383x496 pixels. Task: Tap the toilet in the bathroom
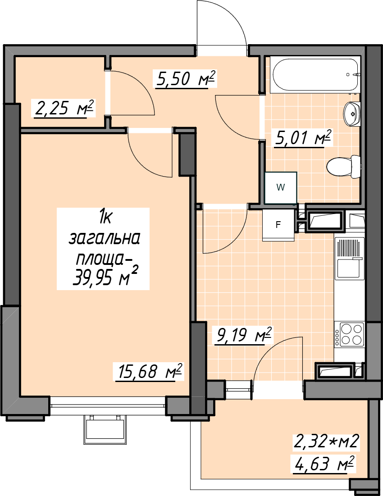(343, 167)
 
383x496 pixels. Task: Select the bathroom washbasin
(352, 114)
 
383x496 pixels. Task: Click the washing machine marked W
(281, 188)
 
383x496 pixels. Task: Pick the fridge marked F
(278, 225)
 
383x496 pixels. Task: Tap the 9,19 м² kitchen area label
(243, 335)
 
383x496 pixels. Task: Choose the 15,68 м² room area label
(149, 371)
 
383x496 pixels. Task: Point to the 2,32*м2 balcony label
(326, 441)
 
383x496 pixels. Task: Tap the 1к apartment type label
(105, 218)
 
